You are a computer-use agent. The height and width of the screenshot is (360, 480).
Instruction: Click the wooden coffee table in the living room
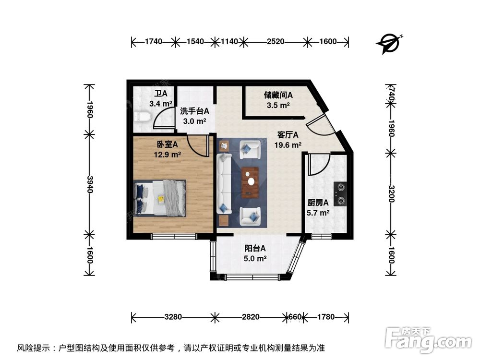(250, 182)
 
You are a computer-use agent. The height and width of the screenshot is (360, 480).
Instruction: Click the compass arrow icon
(389, 43)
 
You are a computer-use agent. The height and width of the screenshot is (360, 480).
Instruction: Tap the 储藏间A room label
(278, 95)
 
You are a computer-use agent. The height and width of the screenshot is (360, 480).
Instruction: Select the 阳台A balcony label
(255, 249)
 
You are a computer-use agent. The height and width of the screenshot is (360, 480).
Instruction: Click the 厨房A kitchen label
(318, 203)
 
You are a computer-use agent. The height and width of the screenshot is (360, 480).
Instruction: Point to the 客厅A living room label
(288, 135)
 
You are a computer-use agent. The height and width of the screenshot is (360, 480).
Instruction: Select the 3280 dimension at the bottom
(173, 317)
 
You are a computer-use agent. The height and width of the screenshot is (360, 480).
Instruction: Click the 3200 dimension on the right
(391, 193)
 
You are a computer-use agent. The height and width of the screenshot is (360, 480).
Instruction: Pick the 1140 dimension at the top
(229, 42)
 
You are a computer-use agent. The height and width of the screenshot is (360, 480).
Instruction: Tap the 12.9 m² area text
(167, 155)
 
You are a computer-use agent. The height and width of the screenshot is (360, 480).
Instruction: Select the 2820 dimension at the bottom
(251, 317)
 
